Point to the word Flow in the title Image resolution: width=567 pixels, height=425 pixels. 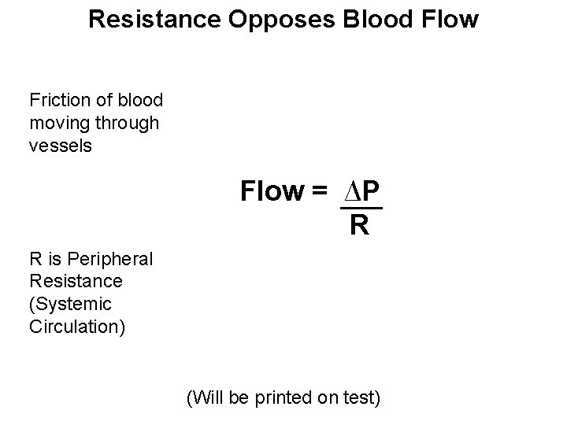pos(450,19)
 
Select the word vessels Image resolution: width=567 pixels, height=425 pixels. pos(61,146)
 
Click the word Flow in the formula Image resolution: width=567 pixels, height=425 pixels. pos(272,191)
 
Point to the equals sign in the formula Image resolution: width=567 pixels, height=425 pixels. pos(321,191)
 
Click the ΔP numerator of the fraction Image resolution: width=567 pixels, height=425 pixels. pos(361,191)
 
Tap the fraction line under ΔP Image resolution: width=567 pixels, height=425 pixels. pos(361,209)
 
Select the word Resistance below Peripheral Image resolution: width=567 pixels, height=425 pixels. pos(76,281)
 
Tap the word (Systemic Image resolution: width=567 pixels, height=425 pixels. pos(70,304)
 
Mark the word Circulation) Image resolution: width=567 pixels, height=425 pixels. pos(76,327)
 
